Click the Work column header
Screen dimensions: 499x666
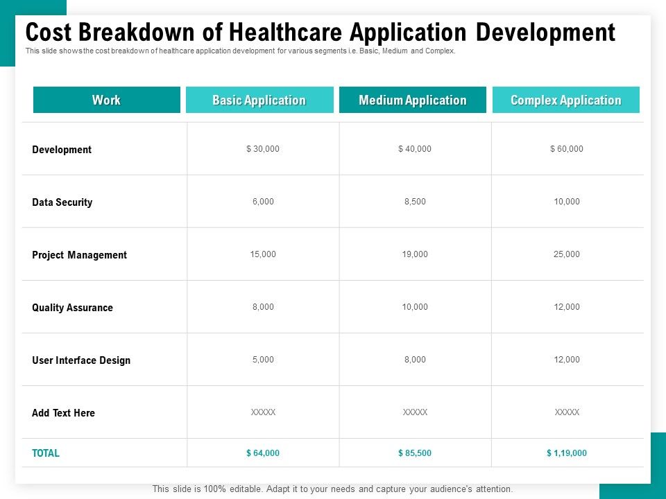[106, 100]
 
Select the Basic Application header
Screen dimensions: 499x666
[259, 100]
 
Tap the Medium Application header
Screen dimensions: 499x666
[413, 100]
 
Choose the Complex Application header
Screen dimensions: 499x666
[565, 100]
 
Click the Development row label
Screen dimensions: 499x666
[62, 150]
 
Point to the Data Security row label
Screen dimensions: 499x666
[62, 202]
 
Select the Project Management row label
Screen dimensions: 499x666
[79, 255]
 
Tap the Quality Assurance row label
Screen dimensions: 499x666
[72, 308]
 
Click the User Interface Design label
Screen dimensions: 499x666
[81, 360]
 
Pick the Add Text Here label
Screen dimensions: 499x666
[63, 413]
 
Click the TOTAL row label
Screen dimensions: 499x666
[46, 453]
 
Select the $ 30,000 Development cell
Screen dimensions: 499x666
[263, 149]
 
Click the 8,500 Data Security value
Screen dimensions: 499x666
[415, 202]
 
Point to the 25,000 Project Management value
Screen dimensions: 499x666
[567, 254]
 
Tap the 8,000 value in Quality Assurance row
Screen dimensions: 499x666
[263, 307]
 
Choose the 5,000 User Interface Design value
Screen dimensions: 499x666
[263, 360]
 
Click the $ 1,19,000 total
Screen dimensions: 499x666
[567, 453]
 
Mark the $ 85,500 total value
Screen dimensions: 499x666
[415, 453]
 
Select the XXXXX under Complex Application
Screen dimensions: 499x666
[567, 412]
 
